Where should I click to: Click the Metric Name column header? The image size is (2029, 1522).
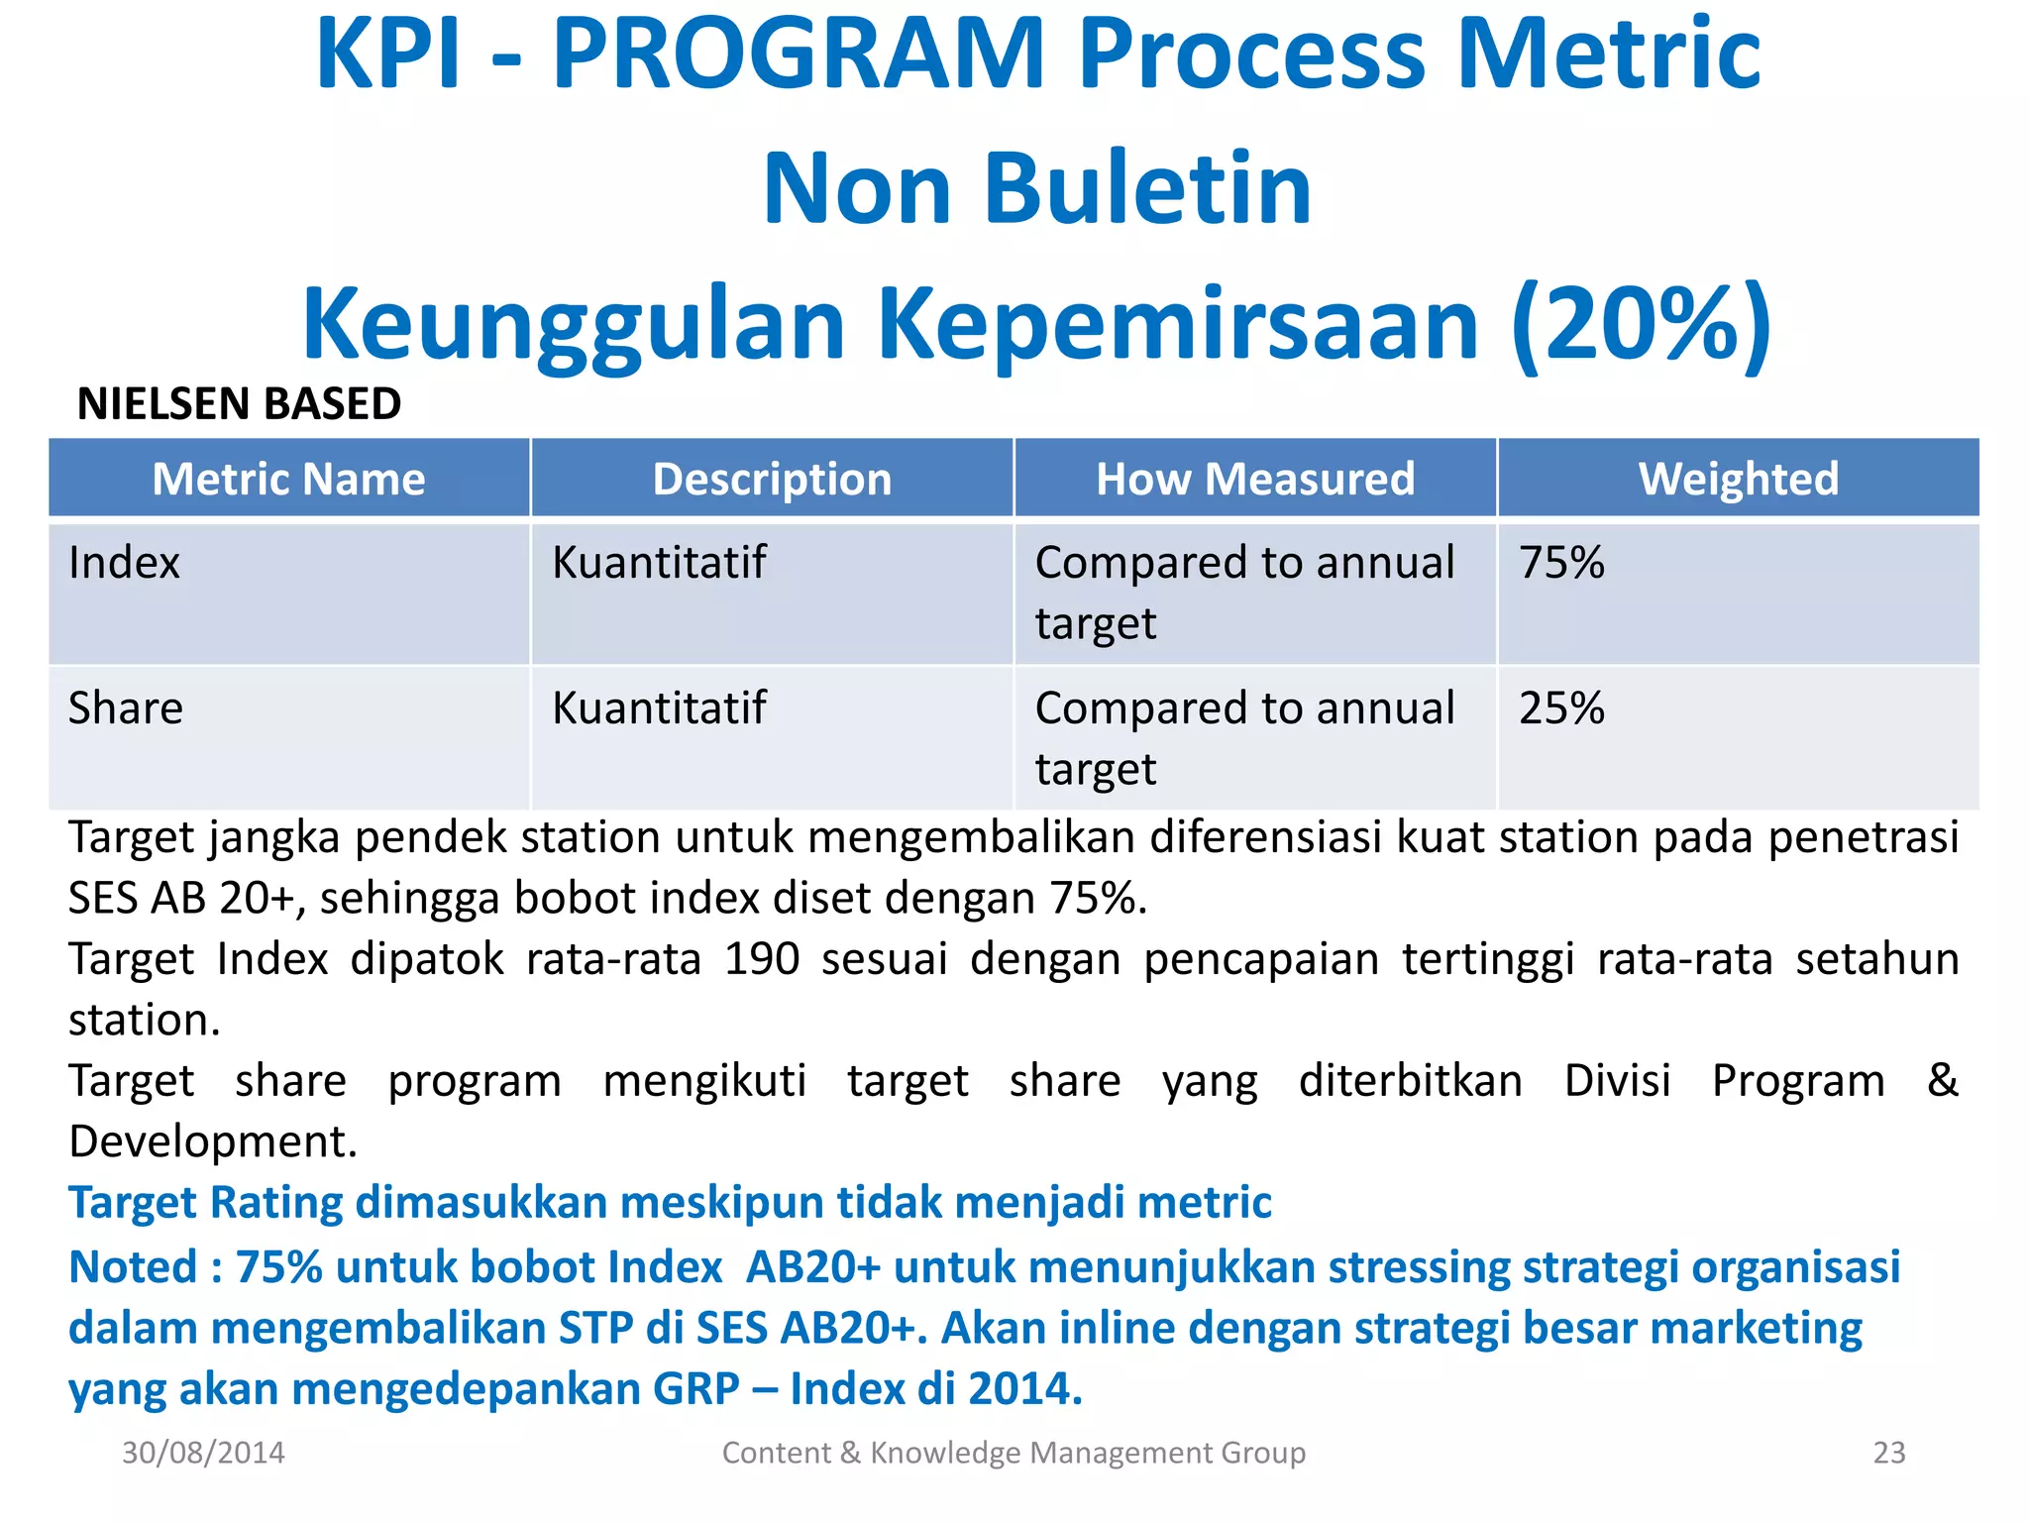point(288,480)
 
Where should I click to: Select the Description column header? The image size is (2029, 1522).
point(772,480)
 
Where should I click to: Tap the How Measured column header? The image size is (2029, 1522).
point(1254,480)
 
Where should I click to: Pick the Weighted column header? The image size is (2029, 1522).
point(1738,480)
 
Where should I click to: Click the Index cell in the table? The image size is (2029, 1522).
point(124,563)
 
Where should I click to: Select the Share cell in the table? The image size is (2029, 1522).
point(126,708)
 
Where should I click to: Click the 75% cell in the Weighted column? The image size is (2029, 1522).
point(1561,563)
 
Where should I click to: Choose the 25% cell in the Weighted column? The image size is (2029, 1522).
point(1561,708)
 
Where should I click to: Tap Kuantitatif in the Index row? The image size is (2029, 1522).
point(659,563)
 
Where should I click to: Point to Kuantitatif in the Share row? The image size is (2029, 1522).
point(659,708)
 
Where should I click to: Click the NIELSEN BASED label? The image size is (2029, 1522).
point(239,404)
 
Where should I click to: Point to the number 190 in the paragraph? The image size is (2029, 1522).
point(761,959)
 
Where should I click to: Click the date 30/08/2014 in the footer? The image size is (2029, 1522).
point(203,1453)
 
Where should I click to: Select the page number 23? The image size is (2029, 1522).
point(1888,1453)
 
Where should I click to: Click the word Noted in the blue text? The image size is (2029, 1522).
point(133,1267)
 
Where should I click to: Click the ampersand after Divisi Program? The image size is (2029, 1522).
point(1942,1080)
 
